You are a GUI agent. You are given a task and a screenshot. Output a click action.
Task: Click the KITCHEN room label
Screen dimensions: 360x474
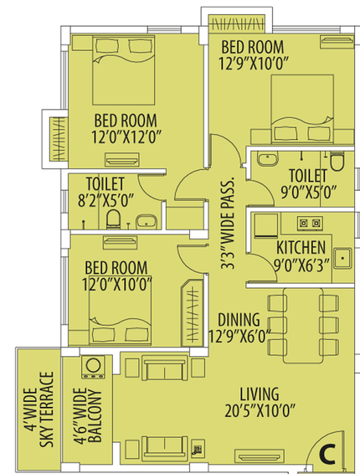tap(301, 248)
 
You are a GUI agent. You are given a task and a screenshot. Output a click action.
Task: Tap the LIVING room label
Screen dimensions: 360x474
tap(260, 394)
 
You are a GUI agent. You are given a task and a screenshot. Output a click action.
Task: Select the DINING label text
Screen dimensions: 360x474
tap(239, 320)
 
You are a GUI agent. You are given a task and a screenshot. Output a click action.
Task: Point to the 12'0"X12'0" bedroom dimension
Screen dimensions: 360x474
tap(126, 137)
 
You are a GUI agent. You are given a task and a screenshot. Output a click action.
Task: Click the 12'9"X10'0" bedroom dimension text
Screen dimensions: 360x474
tap(254, 63)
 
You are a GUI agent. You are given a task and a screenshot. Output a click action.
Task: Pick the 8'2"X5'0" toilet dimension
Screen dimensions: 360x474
tap(105, 200)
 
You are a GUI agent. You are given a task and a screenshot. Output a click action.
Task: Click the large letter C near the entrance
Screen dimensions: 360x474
tap(327, 454)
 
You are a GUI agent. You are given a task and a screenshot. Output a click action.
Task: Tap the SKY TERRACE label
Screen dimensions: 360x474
tap(47, 410)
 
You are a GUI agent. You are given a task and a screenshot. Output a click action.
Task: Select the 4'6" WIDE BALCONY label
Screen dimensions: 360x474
tap(87, 416)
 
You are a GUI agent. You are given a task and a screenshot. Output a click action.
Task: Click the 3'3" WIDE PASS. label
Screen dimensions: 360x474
tap(228, 223)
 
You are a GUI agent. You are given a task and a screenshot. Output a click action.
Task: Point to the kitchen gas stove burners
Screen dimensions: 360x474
tap(310, 223)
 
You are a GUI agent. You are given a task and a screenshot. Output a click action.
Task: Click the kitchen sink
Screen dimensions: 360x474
tap(342, 259)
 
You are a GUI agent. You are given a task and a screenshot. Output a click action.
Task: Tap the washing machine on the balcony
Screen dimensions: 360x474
tap(93, 367)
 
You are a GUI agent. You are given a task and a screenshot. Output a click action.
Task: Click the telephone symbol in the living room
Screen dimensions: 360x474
tap(198, 448)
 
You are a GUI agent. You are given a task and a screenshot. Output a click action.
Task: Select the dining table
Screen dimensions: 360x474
tap(303, 325)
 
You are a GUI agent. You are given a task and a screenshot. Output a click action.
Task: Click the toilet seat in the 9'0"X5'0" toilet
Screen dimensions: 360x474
tap(337, 162)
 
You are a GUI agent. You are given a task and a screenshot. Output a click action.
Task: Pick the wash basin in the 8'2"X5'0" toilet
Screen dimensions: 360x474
tap(147, 222)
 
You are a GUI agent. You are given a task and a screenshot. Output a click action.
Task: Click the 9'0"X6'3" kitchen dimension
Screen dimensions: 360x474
tap(301, 265)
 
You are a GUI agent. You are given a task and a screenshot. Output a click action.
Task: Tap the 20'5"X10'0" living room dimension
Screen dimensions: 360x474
tap(260, 411)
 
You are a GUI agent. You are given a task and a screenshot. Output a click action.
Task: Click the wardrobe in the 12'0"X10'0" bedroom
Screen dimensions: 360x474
tap(192, 313)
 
